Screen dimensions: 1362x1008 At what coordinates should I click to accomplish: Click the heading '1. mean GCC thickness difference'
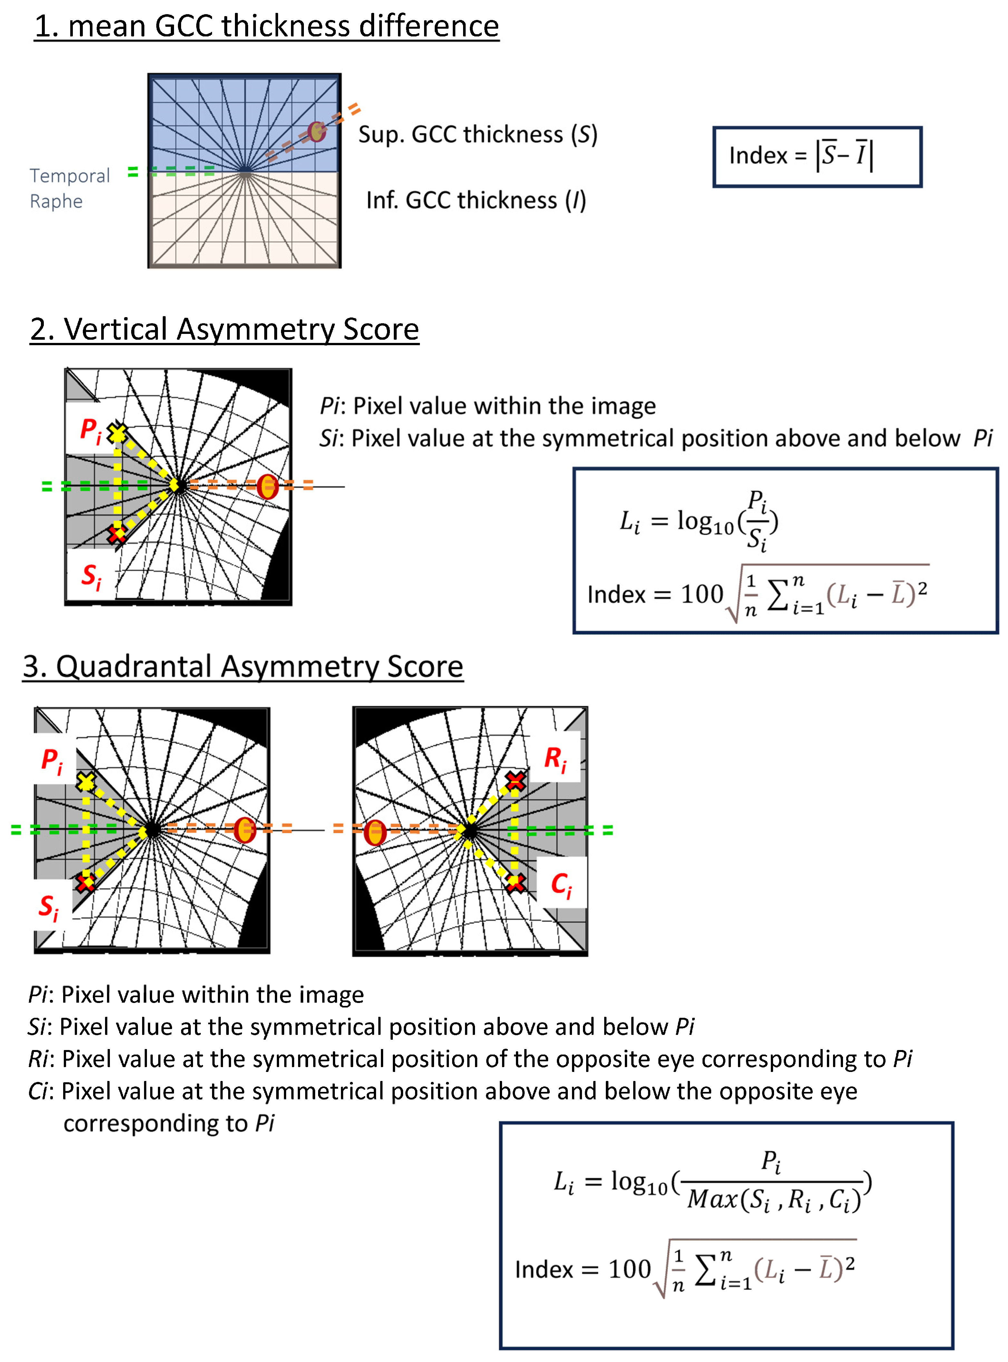(267, 27)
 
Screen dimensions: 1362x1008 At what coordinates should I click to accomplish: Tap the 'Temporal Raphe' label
(70, 189)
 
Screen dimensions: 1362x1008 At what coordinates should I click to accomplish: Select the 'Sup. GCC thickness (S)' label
(477, 135)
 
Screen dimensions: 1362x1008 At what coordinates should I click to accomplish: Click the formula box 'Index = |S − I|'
(817, 157)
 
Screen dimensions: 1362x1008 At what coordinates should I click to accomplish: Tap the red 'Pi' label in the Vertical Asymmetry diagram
(90, 430)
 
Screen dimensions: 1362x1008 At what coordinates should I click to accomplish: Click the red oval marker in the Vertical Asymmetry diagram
(267, 486)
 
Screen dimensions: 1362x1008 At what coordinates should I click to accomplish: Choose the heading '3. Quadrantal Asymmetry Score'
(243, 667)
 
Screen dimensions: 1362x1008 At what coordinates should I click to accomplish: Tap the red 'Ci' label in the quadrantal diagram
(561, 885)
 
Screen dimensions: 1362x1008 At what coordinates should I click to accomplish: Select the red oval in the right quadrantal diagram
(375, 833)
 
